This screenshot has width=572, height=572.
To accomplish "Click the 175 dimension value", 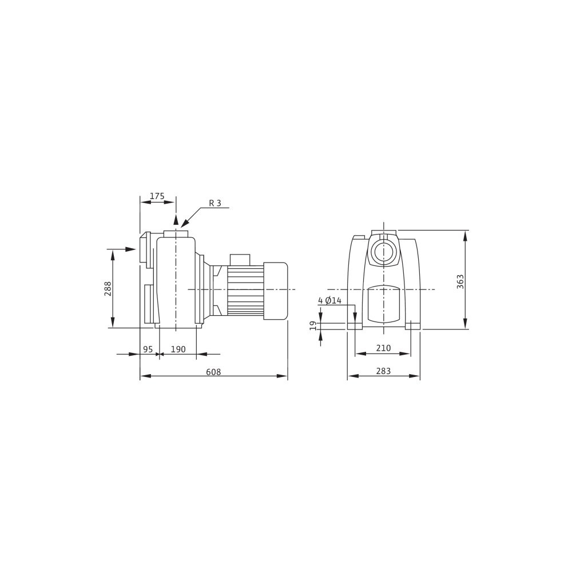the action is click(157, 196).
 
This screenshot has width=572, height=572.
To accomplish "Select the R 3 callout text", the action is click(215, 203).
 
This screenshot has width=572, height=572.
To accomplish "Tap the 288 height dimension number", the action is click(108, 288).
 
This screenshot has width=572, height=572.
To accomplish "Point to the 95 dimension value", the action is click(148, 349).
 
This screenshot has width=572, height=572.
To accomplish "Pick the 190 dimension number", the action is click(178, 349).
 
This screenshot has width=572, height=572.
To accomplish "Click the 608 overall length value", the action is click(213, 372).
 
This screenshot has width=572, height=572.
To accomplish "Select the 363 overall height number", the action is click(460, 281).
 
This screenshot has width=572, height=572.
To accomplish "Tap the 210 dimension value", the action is click(383, 348).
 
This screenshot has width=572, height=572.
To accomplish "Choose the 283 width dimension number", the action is click(383, 371).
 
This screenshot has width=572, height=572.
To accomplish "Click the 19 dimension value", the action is click(313, 326).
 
